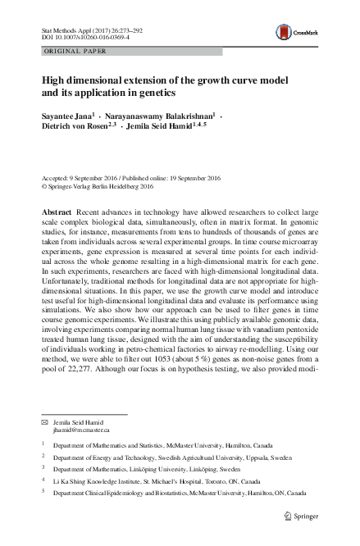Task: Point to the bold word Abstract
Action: tap(57, 212)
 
